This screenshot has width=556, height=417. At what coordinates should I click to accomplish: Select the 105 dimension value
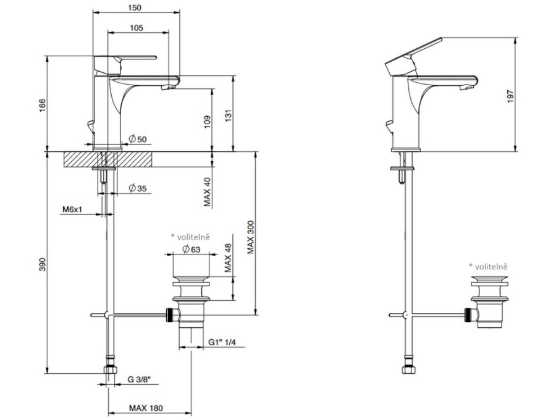click(x=137, y=27)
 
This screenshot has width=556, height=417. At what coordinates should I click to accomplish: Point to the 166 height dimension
click(x=42, y=106)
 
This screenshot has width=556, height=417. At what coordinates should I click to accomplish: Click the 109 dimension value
click(x=208, y=122)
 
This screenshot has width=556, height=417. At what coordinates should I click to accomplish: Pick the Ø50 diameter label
click(x=138, y=138)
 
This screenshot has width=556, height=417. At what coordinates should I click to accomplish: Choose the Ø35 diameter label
click(x=138, y=188)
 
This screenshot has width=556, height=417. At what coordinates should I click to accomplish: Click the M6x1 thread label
click(x=72, y=209)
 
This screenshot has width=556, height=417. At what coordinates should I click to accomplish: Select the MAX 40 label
click(x=208, y=192)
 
